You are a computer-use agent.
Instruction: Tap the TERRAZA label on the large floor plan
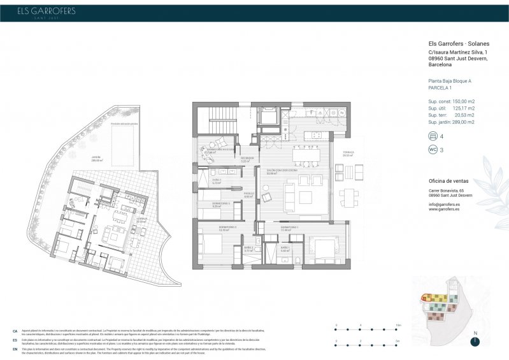click(348, 153)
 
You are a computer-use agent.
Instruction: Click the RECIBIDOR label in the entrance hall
click(247, 159)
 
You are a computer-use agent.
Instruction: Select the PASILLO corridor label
click(248, 195)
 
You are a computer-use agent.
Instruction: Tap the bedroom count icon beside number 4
click(434, 136)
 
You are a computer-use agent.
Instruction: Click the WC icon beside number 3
click(434, 150)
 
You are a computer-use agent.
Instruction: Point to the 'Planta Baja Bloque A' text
click(450, 82)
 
